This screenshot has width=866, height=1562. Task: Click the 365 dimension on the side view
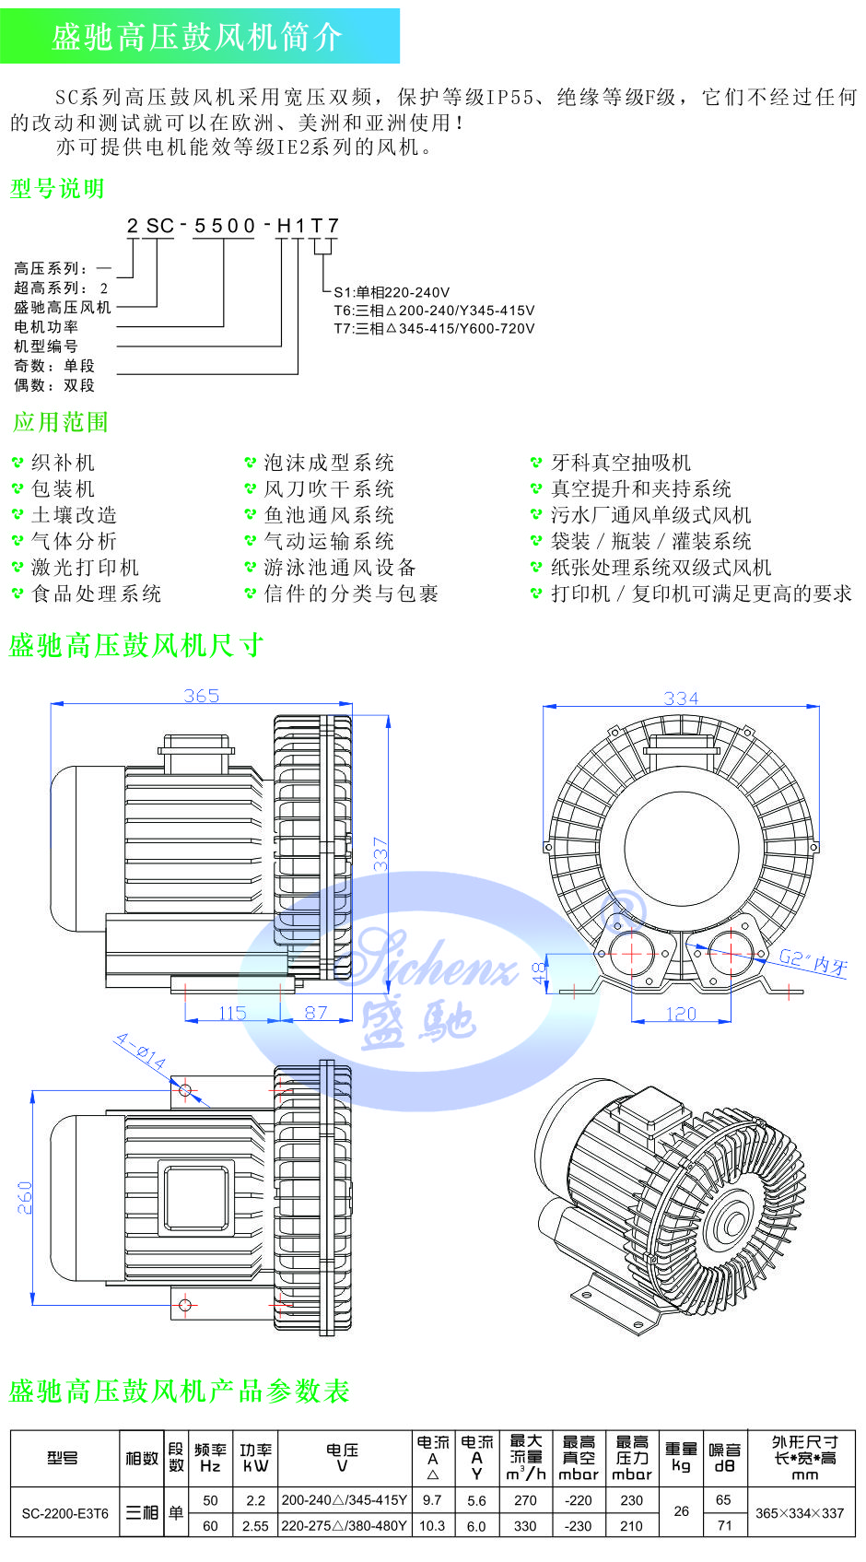[x=201, y=696]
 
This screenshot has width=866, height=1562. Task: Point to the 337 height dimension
[x=380, y=853]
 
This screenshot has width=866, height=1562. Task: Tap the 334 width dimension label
[x=681, y=699]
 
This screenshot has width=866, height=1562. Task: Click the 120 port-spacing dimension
[x=681, y=1014]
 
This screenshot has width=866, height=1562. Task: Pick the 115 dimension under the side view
[x=232, y=1013]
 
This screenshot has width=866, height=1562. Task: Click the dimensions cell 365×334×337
[x=799, y=1513]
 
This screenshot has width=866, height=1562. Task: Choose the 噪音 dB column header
[x=725, y=1457]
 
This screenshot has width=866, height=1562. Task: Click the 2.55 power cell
[x=255, y=1526]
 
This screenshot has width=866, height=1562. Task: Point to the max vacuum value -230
[x=578, y=1526]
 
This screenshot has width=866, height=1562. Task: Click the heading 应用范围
[x=61, y=422]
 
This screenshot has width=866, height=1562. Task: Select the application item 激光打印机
[x=85, y=568]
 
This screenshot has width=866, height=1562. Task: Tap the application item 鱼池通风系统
[x=329, y=515]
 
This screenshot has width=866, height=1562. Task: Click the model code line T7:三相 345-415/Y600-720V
[x=434, y=328]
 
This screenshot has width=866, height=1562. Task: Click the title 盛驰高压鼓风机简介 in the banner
[x=197, y=37]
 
